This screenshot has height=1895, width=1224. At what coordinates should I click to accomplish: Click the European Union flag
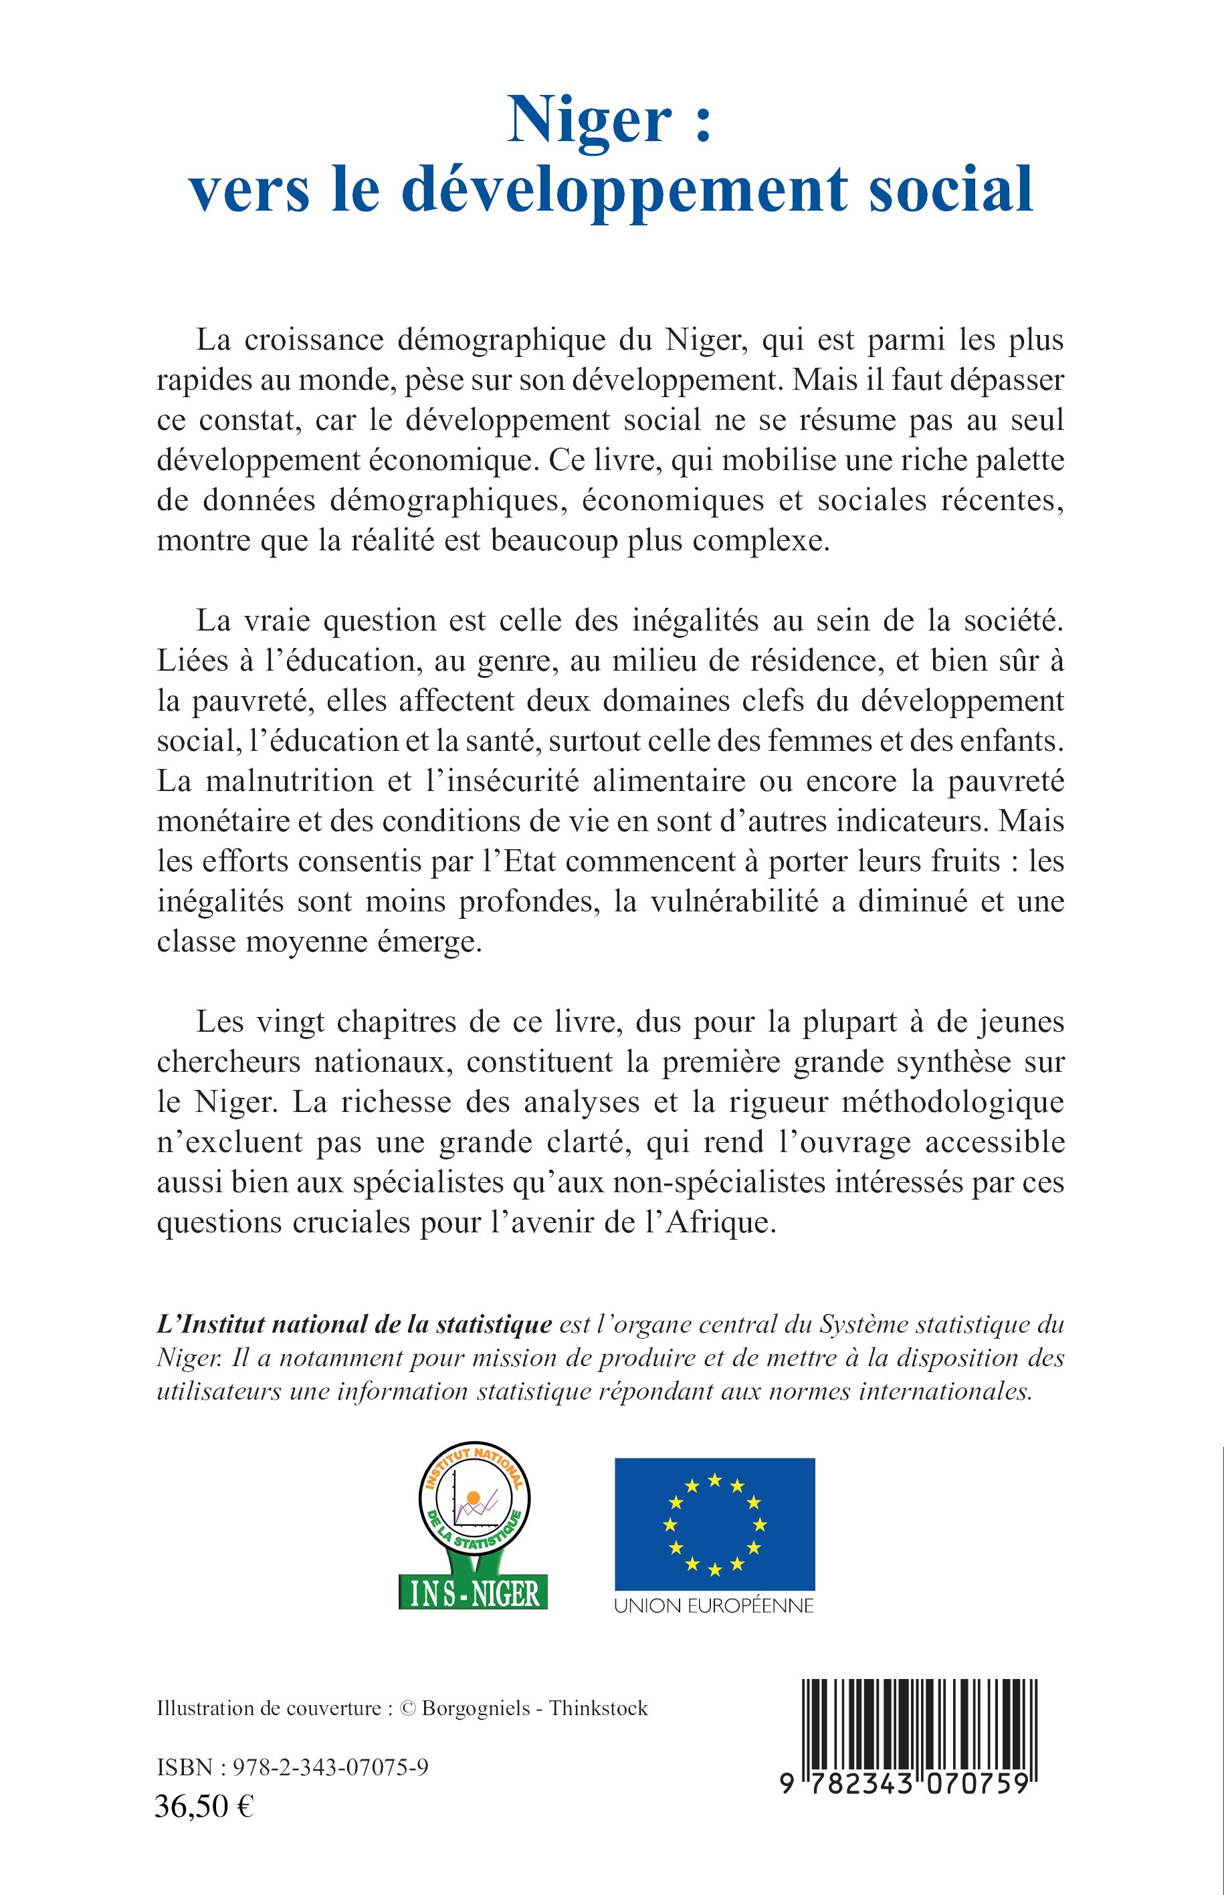714,1524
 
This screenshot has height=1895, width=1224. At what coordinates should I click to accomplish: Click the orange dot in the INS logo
474,1498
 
